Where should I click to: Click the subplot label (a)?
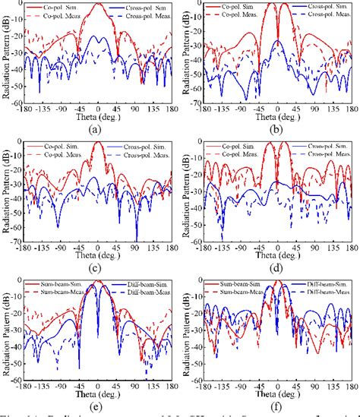(94, 130)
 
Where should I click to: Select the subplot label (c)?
(94, 268)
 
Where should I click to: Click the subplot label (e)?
(94, 406)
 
